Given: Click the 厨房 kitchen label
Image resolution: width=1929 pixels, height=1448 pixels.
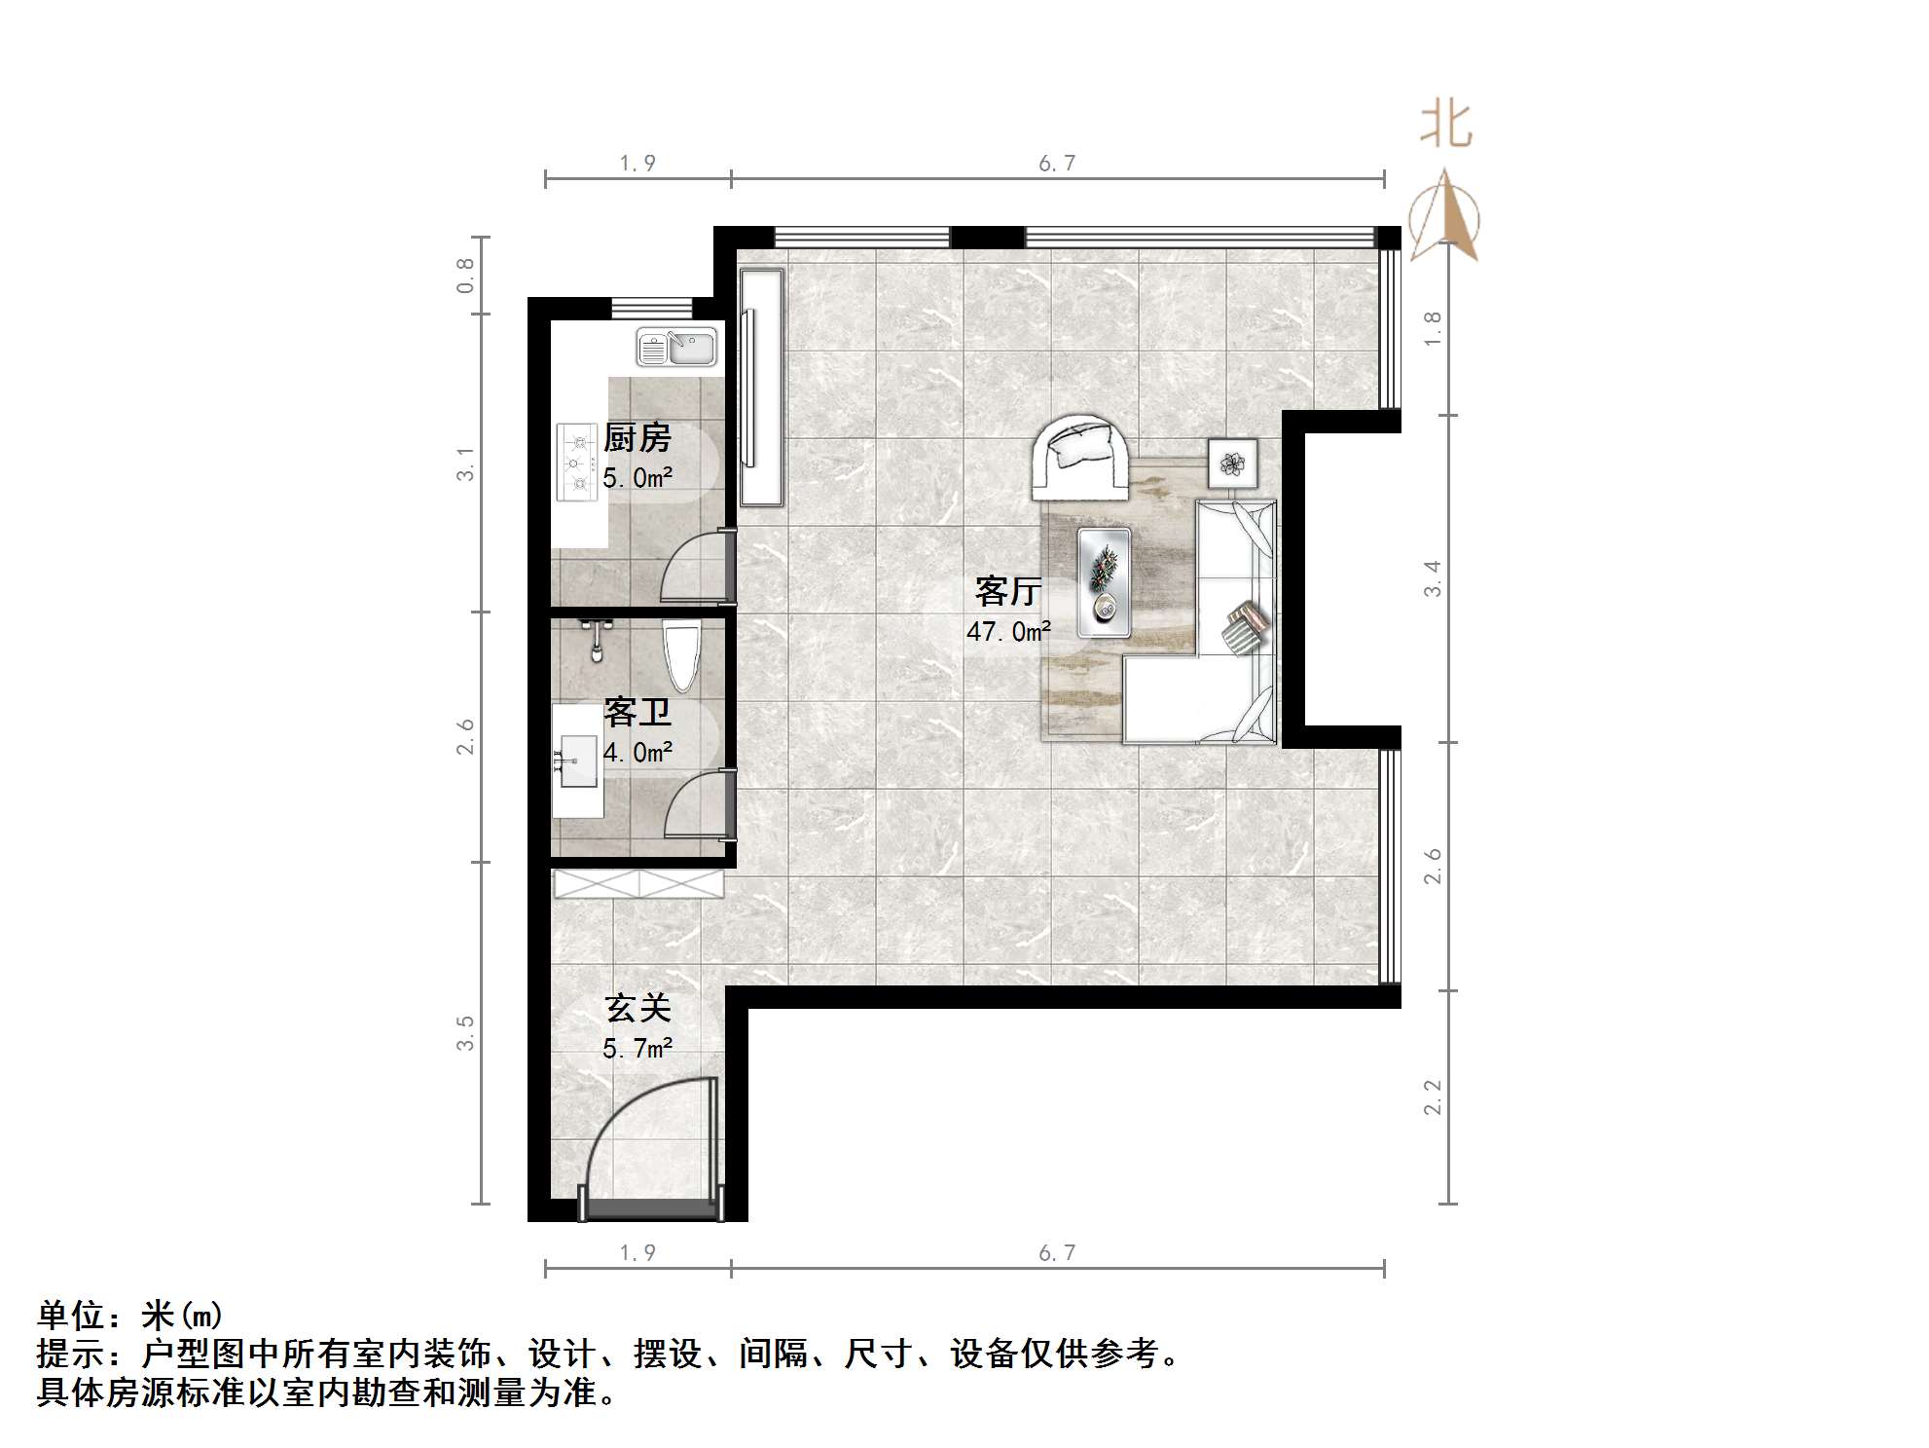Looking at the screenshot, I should tap(637, 438).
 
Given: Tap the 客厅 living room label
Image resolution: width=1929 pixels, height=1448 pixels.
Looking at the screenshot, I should tap(1008, 591).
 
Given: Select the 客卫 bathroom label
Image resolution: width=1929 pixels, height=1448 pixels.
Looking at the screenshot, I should tap(637, 713).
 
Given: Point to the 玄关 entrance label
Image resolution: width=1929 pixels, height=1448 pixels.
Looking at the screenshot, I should tap(637, 1008).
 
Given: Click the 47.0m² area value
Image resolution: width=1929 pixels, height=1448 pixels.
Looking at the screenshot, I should tap(1008, 632).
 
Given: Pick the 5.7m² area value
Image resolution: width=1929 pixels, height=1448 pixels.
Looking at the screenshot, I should tap(637, 1049).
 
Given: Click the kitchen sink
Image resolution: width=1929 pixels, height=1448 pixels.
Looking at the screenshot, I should tap(676, 348).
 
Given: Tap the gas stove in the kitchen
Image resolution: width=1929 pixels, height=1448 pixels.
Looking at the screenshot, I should tap(577, 463).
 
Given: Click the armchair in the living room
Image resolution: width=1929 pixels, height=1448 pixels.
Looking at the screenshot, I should tap(1081, 457).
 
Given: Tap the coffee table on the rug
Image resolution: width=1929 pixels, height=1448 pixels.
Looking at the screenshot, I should tap(1105, 582).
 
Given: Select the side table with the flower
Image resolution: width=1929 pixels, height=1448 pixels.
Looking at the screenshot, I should tap(1232, 464).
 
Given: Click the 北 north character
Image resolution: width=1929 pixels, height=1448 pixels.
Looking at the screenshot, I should tap(1445, 126).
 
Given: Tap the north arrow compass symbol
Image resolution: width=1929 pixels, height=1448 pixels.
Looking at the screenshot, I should tap(1445, 218).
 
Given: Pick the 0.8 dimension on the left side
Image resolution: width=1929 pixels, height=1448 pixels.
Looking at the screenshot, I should tap(466, 276).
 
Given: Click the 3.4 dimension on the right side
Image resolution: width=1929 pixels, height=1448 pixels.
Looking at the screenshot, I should tap(1432, 578).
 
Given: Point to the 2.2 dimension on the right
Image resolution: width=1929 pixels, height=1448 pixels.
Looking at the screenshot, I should tap(1432, 1096).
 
